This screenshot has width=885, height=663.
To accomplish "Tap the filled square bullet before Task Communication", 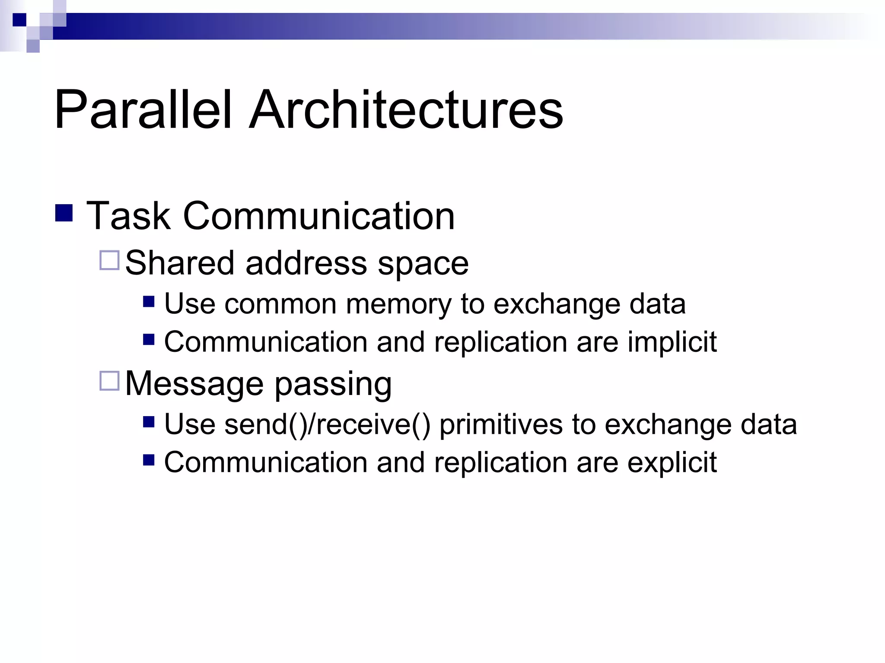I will [x=64, y=213].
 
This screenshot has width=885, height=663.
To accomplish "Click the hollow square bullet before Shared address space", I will [x=109, y=260].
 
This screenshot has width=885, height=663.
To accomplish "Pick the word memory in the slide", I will [x=398, y=305].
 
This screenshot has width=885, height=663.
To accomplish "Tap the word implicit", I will [x=672, y=342].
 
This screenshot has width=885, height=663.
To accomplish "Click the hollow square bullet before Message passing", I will [x=109, y=381].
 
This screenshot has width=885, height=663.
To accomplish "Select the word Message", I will [x=194, y=383].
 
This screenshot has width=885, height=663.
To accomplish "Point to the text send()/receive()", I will [x=328, y=425].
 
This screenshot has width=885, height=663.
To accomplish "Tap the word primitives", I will [x=501, y=425].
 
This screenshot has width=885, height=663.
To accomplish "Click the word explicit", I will [x=672, y=463].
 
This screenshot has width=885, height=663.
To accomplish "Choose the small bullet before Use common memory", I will [x=149, y=301].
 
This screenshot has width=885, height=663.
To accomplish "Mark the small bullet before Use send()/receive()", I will [x=149, y=422].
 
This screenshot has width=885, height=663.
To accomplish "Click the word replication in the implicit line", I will [x=500, y=342].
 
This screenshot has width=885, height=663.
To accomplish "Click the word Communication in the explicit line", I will [x=265, y=462].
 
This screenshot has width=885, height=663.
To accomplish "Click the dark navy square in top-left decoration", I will [x=19, y=20].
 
